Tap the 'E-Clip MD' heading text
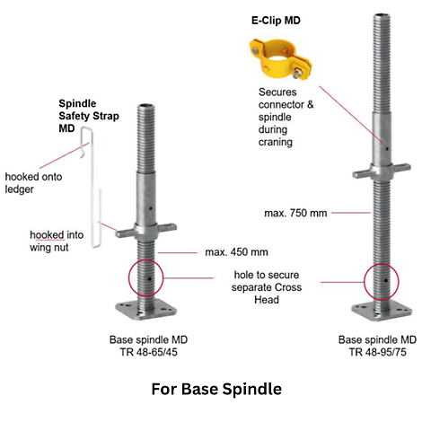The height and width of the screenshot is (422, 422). pos(276,21)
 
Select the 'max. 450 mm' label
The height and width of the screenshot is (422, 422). pos(236,252)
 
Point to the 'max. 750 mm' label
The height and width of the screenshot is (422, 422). pos(295,213)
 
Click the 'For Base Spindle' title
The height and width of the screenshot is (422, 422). pos(216,389)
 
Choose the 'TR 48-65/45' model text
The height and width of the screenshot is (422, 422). pos(149,352)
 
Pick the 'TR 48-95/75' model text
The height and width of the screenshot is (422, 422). pos(377,352)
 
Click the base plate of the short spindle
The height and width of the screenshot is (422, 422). pos(146,312)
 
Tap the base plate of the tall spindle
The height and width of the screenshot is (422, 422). pos(382,312)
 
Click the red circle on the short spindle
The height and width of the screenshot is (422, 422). pos(128,278)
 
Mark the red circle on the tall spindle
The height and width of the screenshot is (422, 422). pos(365,282)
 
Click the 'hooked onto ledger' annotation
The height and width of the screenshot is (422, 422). pos(33,183)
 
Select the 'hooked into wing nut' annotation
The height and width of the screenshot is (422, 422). pos(57,242)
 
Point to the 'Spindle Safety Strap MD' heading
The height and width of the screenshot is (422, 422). pos(89,116)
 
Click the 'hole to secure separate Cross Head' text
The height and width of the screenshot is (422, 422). pos(267,287)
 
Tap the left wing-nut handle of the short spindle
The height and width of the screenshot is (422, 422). pos(125,233)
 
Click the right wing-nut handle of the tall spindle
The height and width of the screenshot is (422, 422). pos(400,167)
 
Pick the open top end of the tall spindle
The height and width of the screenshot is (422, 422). pos(382,15)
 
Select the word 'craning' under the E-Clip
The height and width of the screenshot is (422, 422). pos(276,143)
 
